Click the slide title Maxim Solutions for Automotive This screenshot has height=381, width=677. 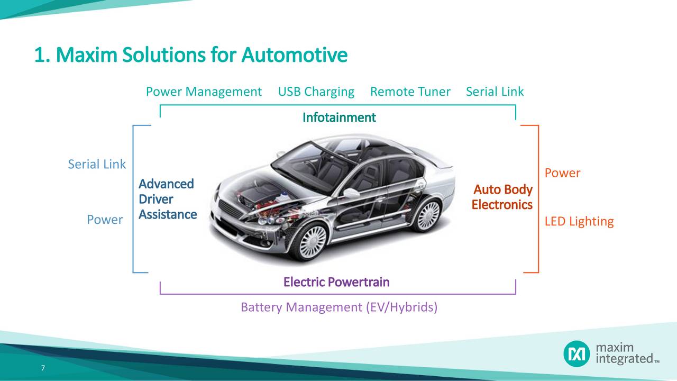(190, 55)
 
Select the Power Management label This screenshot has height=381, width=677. (204, 92)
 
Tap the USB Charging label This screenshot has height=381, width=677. (316, 92)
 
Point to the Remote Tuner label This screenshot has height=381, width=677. (410, 92)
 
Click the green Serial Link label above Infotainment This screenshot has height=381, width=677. (495, 92)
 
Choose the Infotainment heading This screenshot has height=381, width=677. (338, 117)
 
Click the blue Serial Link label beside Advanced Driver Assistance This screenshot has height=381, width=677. (97, 165)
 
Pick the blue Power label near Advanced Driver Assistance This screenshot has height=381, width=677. (105, 220)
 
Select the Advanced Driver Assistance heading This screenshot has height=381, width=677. (167, 199)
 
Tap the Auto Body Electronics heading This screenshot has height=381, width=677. (502, 197)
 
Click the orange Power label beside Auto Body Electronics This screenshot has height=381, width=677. (562, 173)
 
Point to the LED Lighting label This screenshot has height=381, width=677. (579, 222)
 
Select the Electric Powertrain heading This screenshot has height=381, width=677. (336, 282)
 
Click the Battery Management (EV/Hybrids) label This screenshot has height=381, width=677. (338, 307)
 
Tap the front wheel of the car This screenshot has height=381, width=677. (312, 241)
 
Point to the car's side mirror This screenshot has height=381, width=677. (352, 193)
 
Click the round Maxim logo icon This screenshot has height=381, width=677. (576, 353)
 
